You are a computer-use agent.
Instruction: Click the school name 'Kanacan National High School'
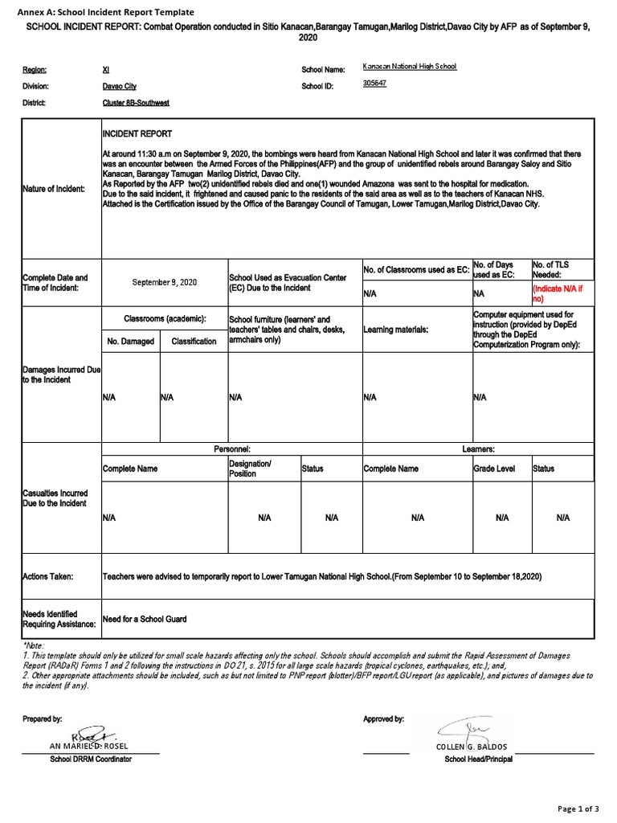[410, 67]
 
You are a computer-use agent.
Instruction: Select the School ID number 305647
[374, 84]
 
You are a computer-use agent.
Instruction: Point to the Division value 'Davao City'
[119, 86]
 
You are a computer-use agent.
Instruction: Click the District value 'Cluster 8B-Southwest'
[136, 103]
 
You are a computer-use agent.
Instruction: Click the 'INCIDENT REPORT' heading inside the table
[137, 133]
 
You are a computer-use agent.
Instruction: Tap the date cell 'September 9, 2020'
[164, 282]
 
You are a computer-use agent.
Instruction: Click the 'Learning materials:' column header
[395, 330]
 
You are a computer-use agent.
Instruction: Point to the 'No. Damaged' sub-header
[130, 342]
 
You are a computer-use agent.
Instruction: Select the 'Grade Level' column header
[493, 469]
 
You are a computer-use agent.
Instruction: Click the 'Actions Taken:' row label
[48, 576]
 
